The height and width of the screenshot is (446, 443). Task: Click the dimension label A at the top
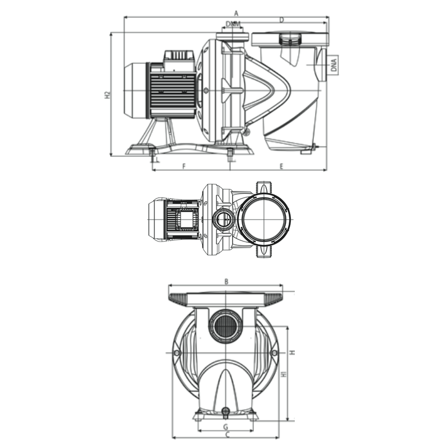(236, 13)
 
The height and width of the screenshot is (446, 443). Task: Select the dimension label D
(282, 20)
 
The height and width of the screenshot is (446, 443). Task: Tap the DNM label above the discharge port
(233, 24)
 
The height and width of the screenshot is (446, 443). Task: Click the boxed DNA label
(334, 65)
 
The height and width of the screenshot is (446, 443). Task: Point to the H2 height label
(107, 95)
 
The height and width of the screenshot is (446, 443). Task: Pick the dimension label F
(183, 166)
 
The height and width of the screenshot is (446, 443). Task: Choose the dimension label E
(281, 166)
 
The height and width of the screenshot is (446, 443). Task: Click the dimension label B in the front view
(227, 282)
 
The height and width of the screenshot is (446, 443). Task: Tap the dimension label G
(225, 427)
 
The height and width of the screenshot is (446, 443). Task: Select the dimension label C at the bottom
(227, 435)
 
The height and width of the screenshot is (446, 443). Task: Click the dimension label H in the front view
(292, 352)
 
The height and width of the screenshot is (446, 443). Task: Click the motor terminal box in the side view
(179, 61)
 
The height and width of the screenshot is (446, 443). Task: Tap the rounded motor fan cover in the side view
(135, 90)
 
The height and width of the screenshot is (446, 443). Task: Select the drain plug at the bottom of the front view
(225, 412)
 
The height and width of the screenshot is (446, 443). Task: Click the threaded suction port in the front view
(225, 326)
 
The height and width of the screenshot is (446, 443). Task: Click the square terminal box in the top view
(186, 220)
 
